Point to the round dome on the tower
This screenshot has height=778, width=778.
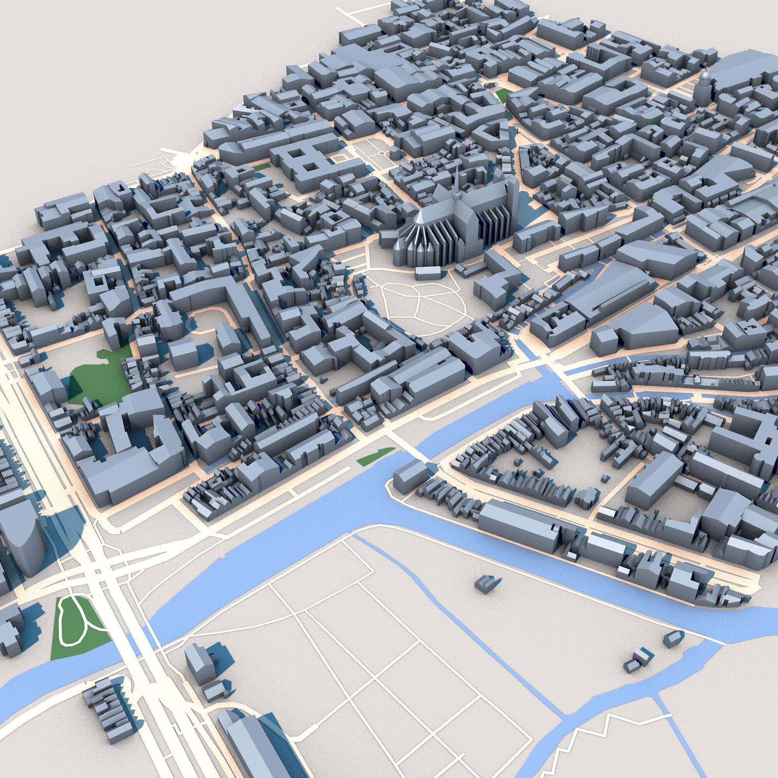(x=704, y=78)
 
